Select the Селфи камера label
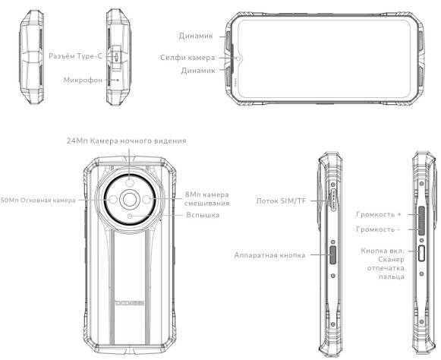pos(185,57)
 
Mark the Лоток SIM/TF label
pos(282,201)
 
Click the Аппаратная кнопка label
pos(270,255)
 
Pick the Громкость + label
pos(378,215)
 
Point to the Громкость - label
pos(378,229)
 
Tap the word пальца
pos(386,277)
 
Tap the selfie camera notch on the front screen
pos(240,57)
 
